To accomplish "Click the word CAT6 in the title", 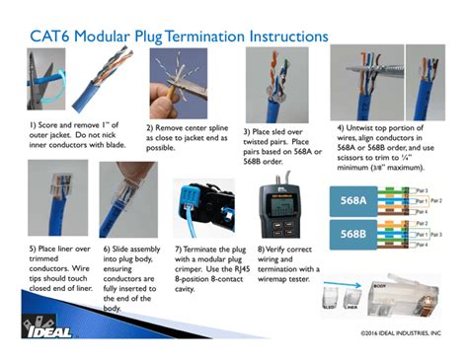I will (54, 36).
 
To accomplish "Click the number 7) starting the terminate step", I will (178, 251).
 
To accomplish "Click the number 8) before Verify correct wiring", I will (260, 251).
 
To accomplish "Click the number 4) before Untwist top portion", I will (340, 127).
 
